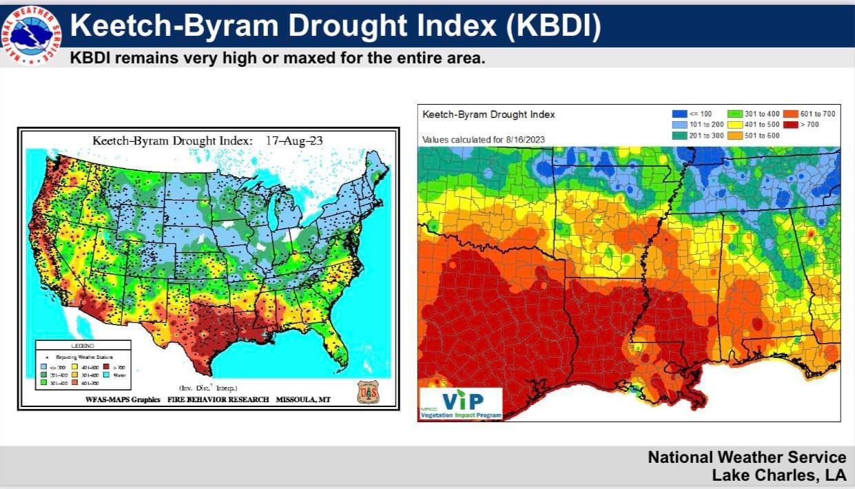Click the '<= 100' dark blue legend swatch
pos(681,114)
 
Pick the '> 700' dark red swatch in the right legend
pos(790,124)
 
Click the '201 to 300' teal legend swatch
pos(681,135)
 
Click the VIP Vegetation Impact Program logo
pos(461,403)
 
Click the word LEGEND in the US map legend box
pos(83,345)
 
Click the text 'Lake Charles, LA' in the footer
pos(779,475)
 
